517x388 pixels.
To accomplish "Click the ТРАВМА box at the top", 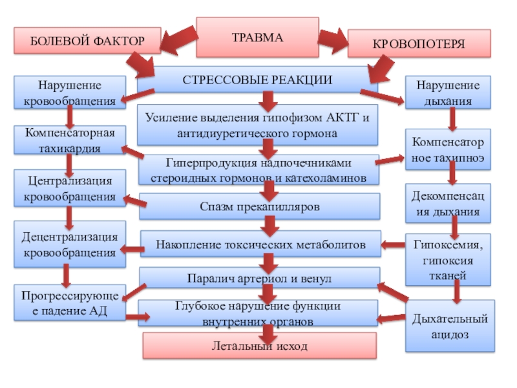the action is point(257,38).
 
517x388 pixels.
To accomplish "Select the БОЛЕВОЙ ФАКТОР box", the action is point(87,41).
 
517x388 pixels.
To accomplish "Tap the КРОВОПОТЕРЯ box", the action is point(419,43).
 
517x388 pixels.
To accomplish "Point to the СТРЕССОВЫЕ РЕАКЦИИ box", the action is point(257,80).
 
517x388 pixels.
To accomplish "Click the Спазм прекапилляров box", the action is point(260,206).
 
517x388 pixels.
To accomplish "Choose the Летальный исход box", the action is point(260,345).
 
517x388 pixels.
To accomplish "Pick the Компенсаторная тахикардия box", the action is point(70,140).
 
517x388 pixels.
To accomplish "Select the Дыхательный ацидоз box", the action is point(450,326).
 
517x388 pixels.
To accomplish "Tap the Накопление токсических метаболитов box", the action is point(260,244).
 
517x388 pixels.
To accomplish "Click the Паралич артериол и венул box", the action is point(260,278).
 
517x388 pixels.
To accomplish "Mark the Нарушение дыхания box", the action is point(448,92).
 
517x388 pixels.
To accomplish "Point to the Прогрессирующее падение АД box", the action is point(70,303).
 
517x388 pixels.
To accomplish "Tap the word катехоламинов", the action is point(325,178).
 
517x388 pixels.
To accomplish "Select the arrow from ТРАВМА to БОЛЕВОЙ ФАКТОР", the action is point(179,40).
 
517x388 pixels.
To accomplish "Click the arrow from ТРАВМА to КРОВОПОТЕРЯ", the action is point(333,41).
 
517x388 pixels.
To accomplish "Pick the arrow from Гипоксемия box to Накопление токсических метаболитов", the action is point(393,245).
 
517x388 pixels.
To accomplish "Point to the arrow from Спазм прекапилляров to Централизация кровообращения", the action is point(135,201).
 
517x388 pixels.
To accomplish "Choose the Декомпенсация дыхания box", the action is point(448,203).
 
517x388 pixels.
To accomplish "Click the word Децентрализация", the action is point(70,237).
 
